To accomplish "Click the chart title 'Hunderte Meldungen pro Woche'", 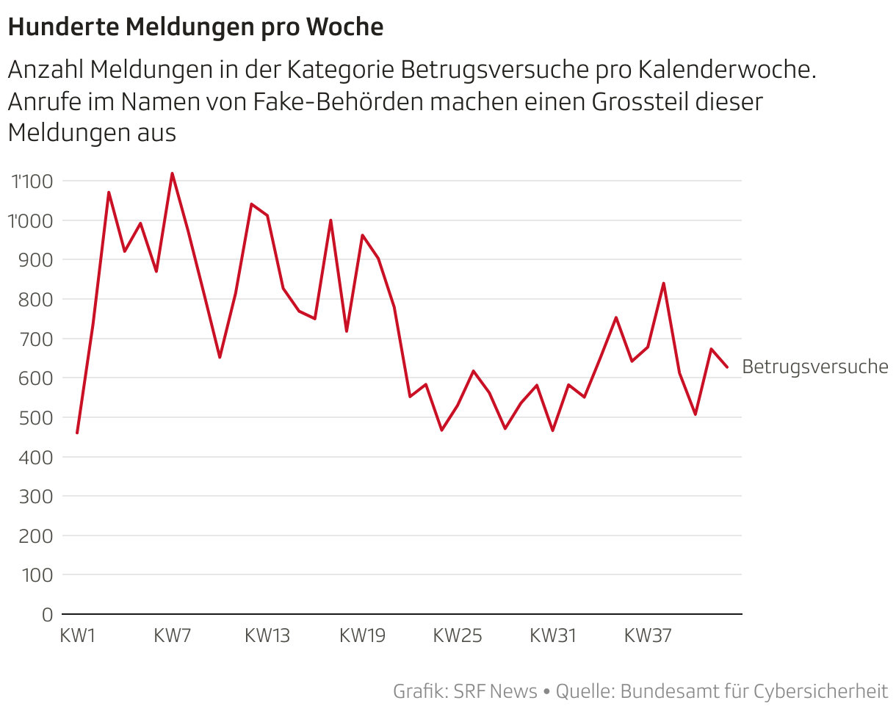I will pos(195,27).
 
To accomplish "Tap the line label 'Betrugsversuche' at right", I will pos(814,367).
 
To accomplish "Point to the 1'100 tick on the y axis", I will pos(32,181).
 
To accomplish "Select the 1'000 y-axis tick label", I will pos(32,220).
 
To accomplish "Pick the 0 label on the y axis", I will pos(48,614).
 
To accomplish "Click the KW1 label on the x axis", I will pos(78,636).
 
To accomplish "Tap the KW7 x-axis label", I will pos(173,636).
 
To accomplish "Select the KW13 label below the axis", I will pos(267,636).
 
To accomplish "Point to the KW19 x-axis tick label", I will pos(362,636).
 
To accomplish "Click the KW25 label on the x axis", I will pos(458,636).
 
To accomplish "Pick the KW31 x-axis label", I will pos(553,636).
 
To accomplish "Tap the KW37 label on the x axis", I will pos(648,636).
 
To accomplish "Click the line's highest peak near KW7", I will pos(172,174).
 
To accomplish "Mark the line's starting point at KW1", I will pos(77,433).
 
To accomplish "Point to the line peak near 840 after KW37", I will pos(663,284).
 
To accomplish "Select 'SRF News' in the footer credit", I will pos(495,691).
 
